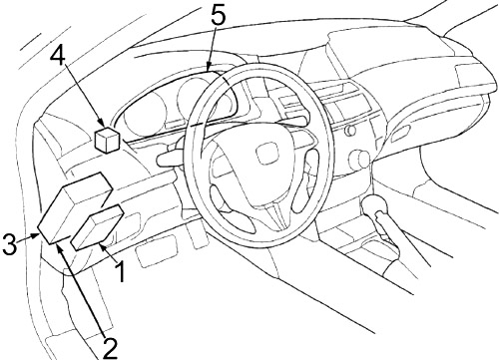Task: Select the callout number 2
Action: click(x=109, y=348)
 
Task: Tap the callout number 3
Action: click(x=9, y=242)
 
